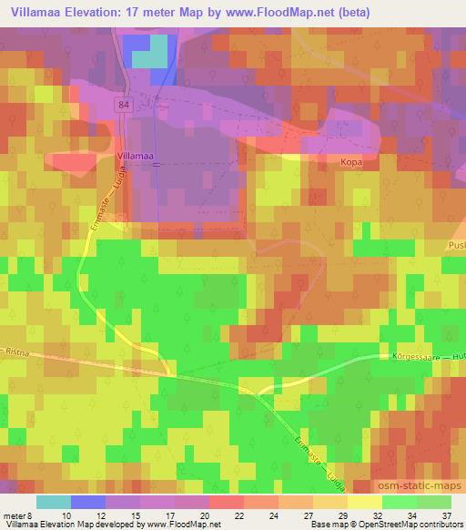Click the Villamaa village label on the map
tap(136, 157)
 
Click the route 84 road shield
tap(123, 106)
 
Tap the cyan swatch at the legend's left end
tap(53, 502)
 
